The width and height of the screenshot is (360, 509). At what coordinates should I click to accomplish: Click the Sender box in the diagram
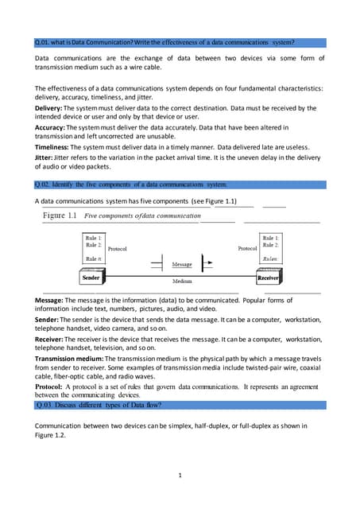click(x=91, y=278)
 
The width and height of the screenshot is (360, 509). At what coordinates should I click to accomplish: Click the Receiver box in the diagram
click(x=267, y=278)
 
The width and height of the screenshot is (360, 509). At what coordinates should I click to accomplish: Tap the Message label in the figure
click(x=182, y=263)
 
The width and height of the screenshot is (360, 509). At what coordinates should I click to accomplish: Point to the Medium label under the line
click(x=182, y=282)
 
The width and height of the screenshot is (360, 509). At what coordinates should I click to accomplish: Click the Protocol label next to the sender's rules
click(x=118, y=248)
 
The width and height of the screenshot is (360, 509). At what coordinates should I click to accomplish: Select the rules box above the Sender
click(x=93, y=247)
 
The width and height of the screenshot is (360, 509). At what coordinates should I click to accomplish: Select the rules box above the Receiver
click(x=270, y=247)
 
